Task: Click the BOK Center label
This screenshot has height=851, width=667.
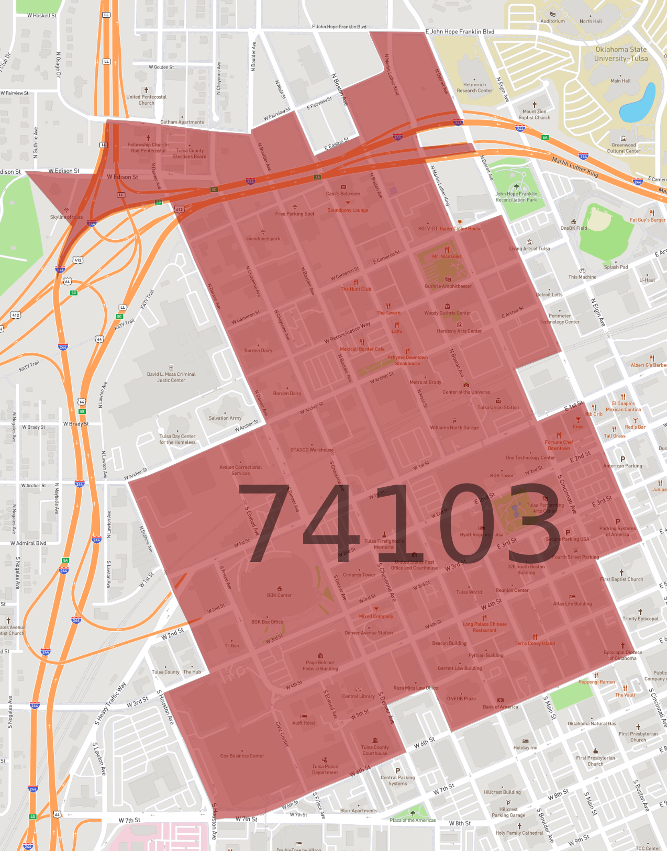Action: pos(279,595)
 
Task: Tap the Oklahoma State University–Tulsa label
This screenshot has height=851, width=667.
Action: pos(620,54)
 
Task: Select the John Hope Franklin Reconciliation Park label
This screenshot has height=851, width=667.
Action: pos(516,197)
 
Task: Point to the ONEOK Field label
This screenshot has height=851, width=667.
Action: pos(574,228)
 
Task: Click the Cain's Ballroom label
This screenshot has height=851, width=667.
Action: pos(343,194)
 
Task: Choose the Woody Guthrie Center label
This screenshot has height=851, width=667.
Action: pos(448,313)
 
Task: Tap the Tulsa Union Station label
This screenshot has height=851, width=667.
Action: pos(498,407)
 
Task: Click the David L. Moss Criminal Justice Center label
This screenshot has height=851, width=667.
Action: pos(171,377)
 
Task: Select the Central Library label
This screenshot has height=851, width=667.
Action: pos(358,696)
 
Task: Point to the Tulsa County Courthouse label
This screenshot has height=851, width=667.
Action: pos(375,750)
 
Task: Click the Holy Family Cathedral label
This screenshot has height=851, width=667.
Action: pos(519,833)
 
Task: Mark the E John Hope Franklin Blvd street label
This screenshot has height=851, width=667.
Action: pos(460,31)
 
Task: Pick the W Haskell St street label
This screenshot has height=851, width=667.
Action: pos(42,16)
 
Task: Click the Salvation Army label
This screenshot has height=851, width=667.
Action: pos(225,418)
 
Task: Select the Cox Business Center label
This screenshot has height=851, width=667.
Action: pos(242,756)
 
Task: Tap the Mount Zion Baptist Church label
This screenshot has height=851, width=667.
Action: pos(534,114)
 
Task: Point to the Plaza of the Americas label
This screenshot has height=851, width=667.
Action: pos(413,820)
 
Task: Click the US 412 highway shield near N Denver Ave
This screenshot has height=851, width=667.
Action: pos(180,209)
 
